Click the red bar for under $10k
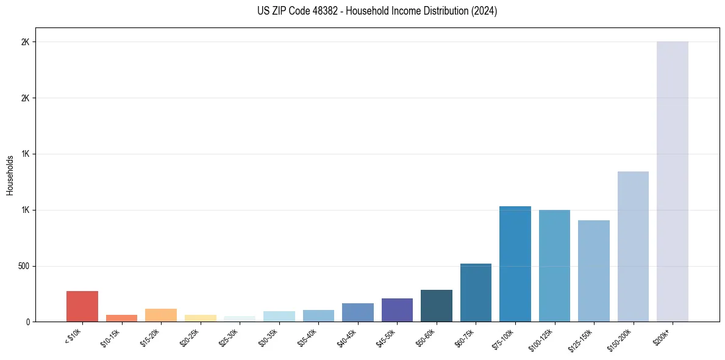pyautogui.click(x=82, y=306)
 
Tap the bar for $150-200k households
pyautogui.click(x=633, y=247)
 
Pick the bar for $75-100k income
pyautogui.click(x=515, y=264)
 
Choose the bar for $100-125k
pyautogui.click(x=554, y=266)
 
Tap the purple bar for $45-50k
pyautogui.click(x=397, y=310)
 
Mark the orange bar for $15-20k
pyautogui.click(x=161, y=315)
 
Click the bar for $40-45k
pyautogui.click(x=358, y=312)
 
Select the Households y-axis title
pyautogui.click(x=10, y=175)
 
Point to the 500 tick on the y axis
pyautogui.click(x=23, y=266)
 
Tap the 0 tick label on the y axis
pyautogui.click(x=27, y=322)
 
